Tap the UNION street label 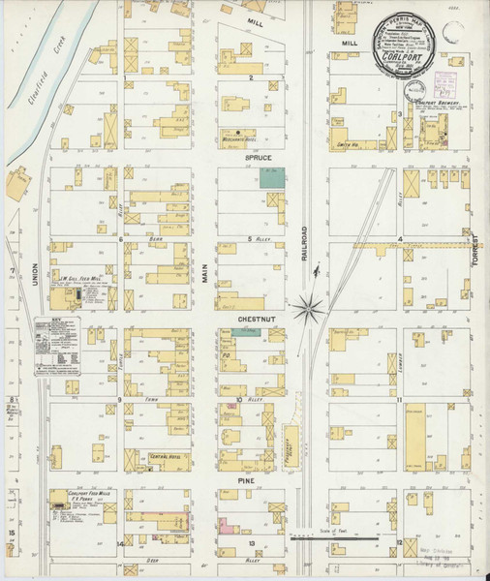[x=32, y=278]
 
